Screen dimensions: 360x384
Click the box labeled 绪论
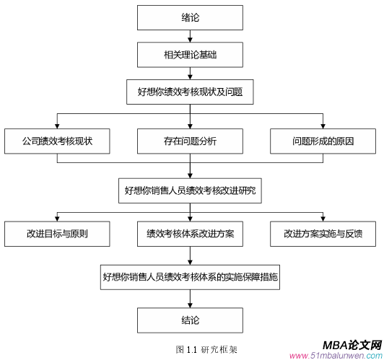[x=191, y=17]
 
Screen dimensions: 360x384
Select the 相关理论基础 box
[x=191, y=54]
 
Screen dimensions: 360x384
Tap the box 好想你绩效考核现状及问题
[x=191, y=92]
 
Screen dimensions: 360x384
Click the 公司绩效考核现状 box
[x=57, y=141]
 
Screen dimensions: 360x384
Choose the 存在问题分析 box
[x=191, y=141]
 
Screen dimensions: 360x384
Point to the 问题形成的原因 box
[x=323, y=141]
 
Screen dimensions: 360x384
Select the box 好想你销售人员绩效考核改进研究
[x=191, y=191]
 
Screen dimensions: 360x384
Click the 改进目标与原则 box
[x=57, y=234]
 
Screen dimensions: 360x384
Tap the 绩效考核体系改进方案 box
[x=191, y=234]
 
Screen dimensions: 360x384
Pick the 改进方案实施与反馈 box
[x=323, y=234]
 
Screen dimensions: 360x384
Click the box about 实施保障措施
[x=191, y=276]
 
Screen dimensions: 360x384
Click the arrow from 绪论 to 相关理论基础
[x=191, y=36]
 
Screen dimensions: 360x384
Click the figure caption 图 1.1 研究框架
[x=206, y=350]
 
